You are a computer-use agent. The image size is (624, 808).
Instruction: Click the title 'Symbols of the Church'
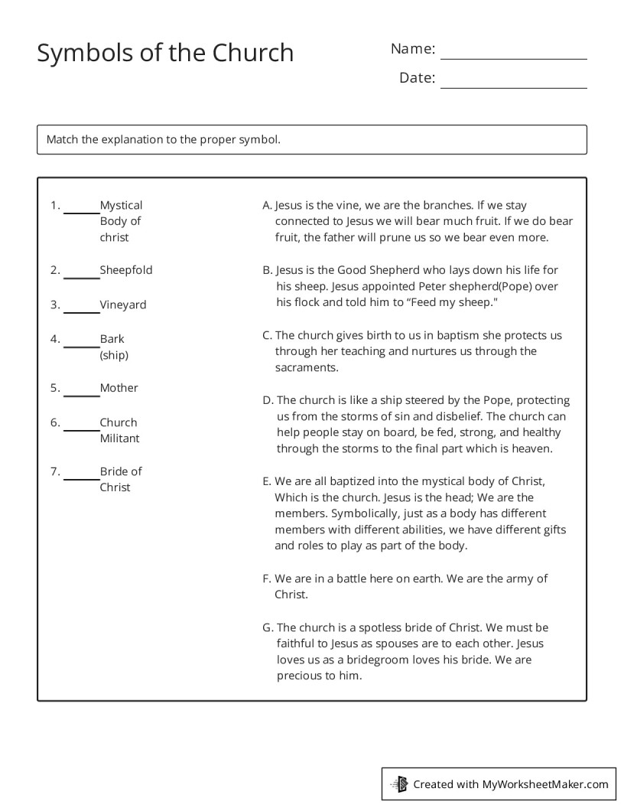tap(165, 53)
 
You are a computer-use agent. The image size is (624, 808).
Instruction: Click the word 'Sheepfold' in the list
tap(126, 270)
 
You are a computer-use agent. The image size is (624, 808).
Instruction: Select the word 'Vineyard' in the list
tap(123, 305)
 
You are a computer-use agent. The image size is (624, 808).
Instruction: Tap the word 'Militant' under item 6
tap(120, 438)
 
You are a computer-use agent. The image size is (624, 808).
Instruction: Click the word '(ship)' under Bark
tap(114, 355)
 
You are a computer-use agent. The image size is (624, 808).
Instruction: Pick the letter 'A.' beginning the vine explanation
tap(267, 205)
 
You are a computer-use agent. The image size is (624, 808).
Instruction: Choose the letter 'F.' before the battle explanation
tap(266, 578)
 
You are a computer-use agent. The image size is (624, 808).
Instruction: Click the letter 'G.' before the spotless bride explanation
tap(268, 627)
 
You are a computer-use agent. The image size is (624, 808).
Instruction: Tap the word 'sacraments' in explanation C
tap(306, 367)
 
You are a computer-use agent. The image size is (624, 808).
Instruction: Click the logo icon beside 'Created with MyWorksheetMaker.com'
tap(400, 784)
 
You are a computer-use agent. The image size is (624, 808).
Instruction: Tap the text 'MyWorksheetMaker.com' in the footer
tap(544, 784)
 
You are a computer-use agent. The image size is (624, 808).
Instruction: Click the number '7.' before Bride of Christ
tap(55, 471)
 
